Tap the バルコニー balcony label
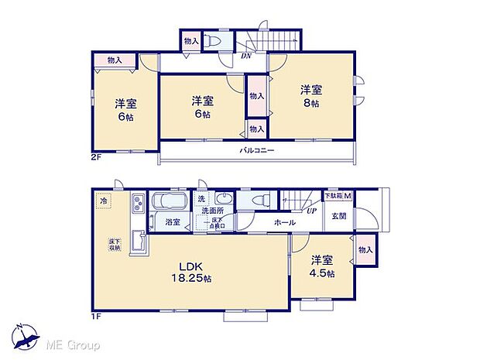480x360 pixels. pyautogui.click(x=257, y=150)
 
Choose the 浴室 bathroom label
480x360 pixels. pyautogui.click(x=173, y=223)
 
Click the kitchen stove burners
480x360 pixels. pyautogui.click(x=138, y=205)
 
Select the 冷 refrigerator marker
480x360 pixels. pyautogui.click(x=103, y=201)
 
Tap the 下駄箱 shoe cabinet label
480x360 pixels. pyautogui.click(x=338, y=197)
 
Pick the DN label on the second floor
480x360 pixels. pyautogui.click(x=246, y=55)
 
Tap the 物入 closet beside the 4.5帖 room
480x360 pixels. pyautogui.click(x=366, y=249)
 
